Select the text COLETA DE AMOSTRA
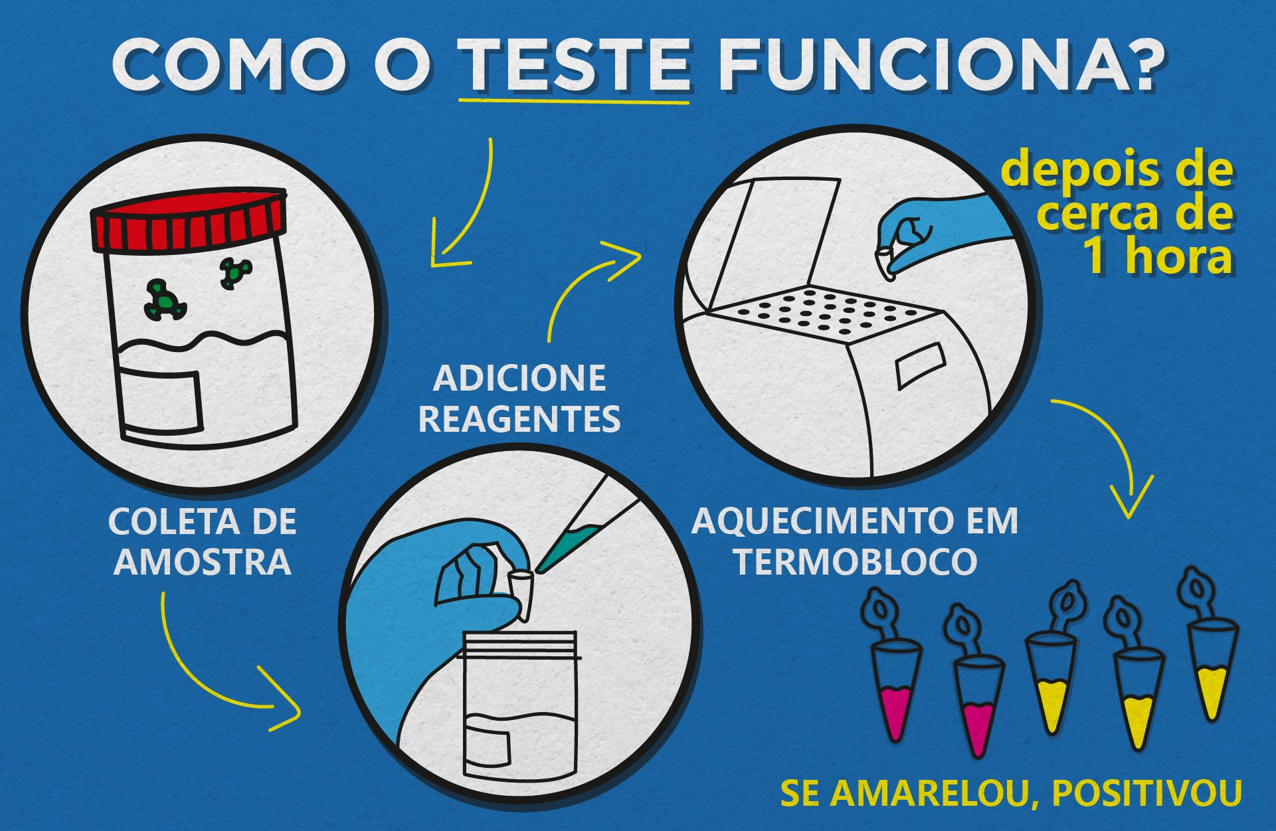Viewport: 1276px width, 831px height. (203, 541)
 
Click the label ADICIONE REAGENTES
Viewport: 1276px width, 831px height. (519, 399)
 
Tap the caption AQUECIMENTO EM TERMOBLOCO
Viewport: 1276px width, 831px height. (855, 541)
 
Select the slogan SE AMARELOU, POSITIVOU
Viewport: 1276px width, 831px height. (1010, 795)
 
